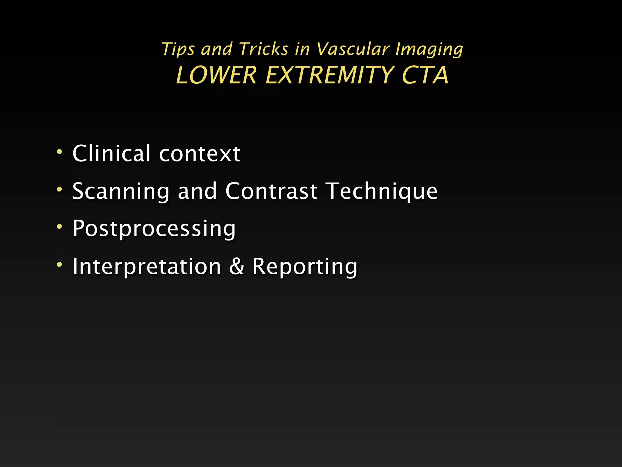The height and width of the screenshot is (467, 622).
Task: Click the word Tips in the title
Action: point(178,49)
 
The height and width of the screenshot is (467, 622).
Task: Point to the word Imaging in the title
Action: point(429,49)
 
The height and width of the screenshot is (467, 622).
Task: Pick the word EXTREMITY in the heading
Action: point(330,75)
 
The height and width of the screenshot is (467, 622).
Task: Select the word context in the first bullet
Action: point(200,154)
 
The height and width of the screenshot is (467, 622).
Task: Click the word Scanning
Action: point(121,192)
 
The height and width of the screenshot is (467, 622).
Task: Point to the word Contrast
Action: point(272,191)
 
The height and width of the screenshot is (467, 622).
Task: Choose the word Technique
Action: point(382,192)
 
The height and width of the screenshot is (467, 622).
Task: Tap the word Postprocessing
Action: point(154,229)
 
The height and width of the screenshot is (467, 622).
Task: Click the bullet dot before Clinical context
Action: point(60,151)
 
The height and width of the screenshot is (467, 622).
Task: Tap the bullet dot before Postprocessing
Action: point(60,227)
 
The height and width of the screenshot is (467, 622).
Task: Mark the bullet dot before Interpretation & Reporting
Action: point(60,265)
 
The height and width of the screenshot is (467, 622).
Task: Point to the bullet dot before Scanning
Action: point(60,189)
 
